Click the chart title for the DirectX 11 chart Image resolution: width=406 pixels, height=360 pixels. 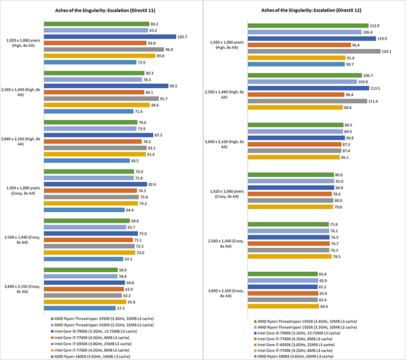(102, 10)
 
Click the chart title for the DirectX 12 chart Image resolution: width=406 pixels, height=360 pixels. (304, 10)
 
